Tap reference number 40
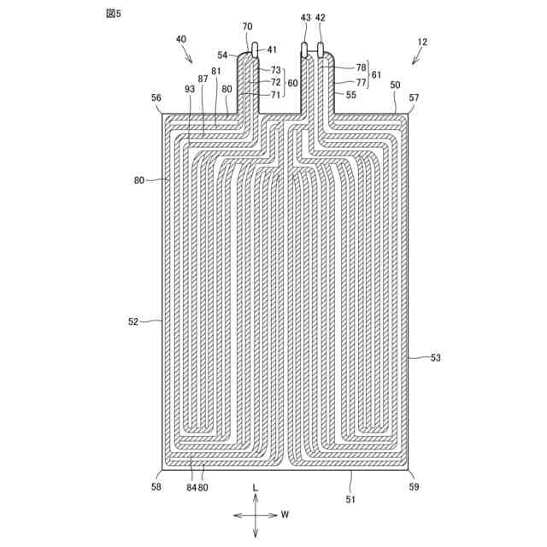pyautogui.click(x=180, y=39)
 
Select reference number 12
pyautogui.click(x=422, y=41)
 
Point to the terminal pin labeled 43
pyautogui.click(x=305, y=50)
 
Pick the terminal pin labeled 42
pyautogui.click(x=321, y=50)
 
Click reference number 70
pyautogui.click(x=247, y=26)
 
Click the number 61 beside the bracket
pyautogui.click(x=376, y=74)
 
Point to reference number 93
pyautogui.click(x=190, y=88)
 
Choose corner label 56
pyautogui.click(x=156, y=98)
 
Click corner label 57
pyautogui.click(x=414, y=98)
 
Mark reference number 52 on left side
pyautogui.click(x=133, y=321)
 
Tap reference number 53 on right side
pyautogui.click(x=435, y=358)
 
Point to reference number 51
pyautogui.click(x=351, y=497)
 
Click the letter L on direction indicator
pyautogui.click(x=255, y=485)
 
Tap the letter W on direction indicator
pyautogui.click(x=285, y=515)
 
